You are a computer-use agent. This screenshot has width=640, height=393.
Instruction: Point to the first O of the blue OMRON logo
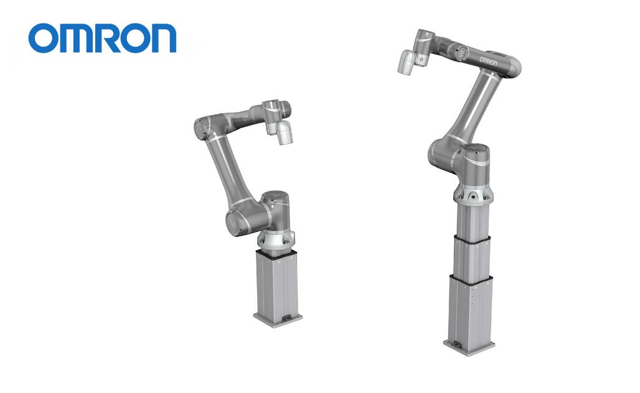[x=42, y=39]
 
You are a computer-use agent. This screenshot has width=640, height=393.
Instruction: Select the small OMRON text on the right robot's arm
[x=488, y=62]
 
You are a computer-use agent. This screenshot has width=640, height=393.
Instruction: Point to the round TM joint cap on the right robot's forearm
[x=461, y=52]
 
